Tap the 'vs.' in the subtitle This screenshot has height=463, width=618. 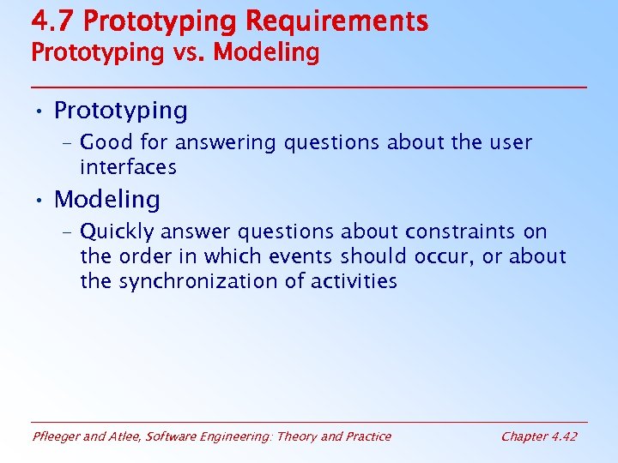(184, 52)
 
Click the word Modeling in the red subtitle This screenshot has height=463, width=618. (266, 53)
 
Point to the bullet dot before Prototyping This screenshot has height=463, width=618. (39, 111)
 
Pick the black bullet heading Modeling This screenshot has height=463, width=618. (106, 200)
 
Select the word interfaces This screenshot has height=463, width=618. (128, 166)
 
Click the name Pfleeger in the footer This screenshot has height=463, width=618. (58, 436)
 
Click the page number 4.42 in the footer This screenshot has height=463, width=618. (563, 436)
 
